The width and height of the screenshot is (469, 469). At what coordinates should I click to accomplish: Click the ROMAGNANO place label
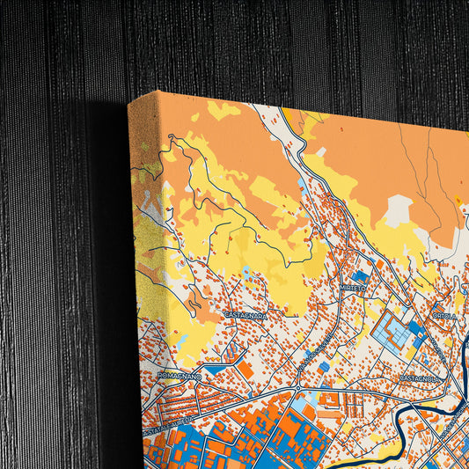[180, 375]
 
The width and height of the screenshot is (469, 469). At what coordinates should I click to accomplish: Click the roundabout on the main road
[298, 386]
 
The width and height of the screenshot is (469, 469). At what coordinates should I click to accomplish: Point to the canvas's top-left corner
[129, 101]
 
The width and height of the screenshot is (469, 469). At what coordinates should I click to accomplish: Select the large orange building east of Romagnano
[246, 370]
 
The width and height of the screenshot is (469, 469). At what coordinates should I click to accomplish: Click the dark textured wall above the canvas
[264, 44]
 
